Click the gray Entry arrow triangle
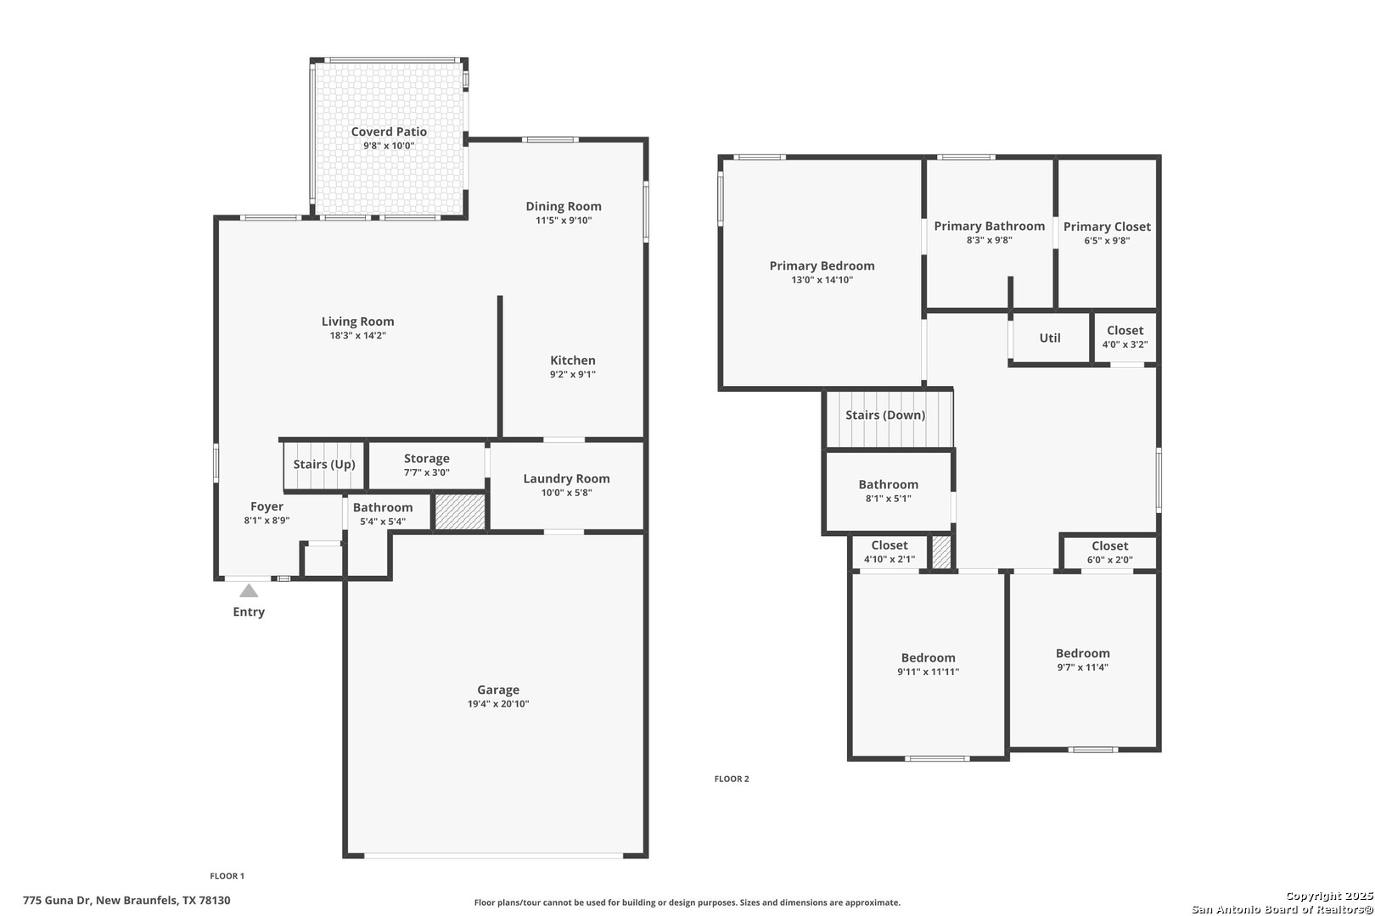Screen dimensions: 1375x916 tap(249, 591)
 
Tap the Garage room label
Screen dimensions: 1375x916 tap(498, 690)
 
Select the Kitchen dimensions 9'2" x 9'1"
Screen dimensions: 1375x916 tap(573, 374)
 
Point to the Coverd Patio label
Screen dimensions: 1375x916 tap(390, 131)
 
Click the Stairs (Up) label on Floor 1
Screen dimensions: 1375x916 tap(324, 465)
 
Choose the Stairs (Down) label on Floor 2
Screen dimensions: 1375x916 tap(885, 416)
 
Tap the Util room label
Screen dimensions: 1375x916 tap(1050, 338)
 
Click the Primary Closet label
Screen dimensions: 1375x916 tap(1108, 227)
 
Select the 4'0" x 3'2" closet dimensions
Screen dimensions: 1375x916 tap(1125, 344)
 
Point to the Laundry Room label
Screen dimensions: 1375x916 tap(567, 478)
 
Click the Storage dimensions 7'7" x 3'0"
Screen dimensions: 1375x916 tap(427, 472)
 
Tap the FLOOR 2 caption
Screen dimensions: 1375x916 tap(732, 779)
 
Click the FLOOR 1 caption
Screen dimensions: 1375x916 tap(227, 875)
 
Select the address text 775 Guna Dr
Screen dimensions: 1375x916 tap(57, 900)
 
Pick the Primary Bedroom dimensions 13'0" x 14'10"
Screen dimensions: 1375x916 tap(822, 280)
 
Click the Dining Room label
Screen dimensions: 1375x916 tap(564, 207)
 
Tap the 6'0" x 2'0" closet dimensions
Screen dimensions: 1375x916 tap(1110, 560)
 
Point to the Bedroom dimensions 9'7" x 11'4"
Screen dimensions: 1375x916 tap(1083, 667)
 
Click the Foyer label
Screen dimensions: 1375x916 tap(267, 507)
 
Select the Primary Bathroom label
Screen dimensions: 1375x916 tap(990, 226)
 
